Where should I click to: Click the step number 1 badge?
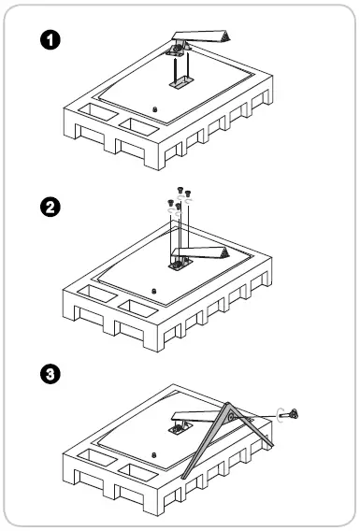pos(50,40)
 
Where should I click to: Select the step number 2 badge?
pos(50,207)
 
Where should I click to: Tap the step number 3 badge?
pos(50,374)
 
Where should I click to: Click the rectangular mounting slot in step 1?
pos(180,82)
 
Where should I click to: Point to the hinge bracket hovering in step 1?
pos(178,50)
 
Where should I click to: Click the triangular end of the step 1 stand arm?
pos(224,36)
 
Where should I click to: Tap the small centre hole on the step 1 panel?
pos(155,109)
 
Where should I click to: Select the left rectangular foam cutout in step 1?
pos(98,112)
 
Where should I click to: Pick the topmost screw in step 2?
pos(180,190)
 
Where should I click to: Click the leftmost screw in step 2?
pos(170,203)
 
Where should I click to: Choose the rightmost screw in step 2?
pos(188,194)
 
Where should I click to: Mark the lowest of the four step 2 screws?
pos(179,206)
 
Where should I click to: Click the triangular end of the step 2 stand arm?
pos(223,252)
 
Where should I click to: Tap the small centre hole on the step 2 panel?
pos(154,291)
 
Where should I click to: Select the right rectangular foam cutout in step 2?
pos(138,309)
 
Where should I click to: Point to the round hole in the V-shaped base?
pos(231,417)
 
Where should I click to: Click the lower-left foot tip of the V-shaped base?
pos(184,478)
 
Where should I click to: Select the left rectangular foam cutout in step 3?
pos(97,458)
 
